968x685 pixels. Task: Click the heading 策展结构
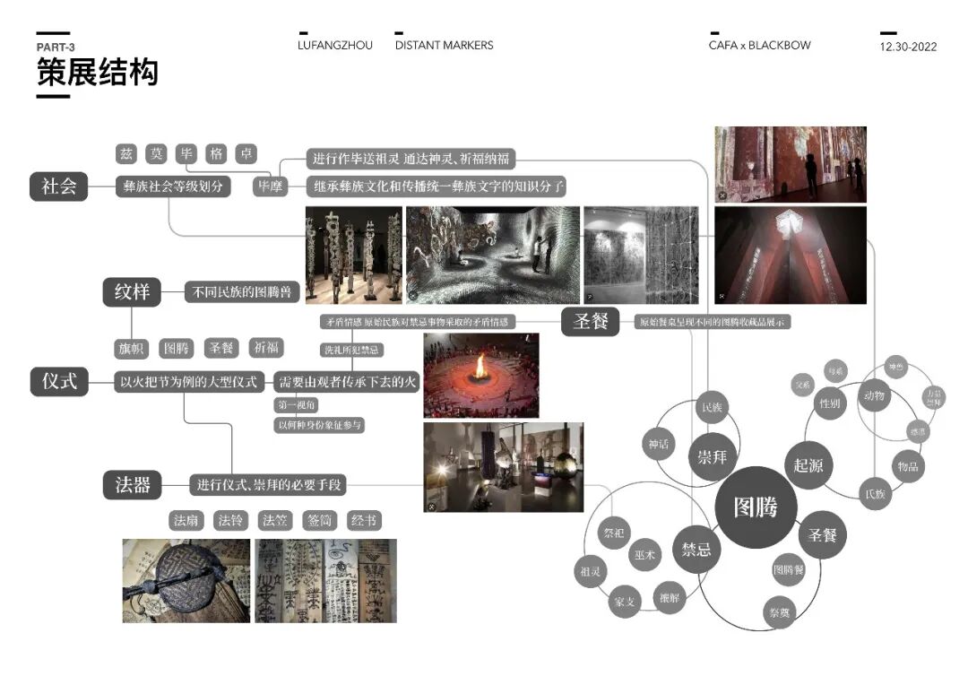98,72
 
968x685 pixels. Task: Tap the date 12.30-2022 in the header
908,47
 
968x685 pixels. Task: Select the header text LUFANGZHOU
335,45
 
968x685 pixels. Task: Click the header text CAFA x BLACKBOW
759,45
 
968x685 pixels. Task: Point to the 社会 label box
59,186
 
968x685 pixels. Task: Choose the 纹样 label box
132,291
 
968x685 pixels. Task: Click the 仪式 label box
59,381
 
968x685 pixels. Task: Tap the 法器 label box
132,485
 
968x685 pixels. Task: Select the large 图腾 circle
755,507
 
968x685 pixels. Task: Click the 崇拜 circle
713,456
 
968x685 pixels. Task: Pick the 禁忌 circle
696,549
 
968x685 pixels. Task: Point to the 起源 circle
808,464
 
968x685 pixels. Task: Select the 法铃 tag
231,520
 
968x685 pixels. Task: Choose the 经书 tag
364,520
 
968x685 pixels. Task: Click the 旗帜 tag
132,348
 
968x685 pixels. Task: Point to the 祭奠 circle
779,613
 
